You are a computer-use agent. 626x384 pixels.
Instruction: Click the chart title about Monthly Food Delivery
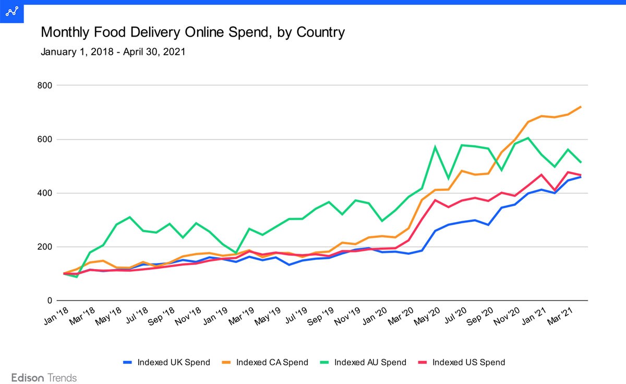(x=192, y=33)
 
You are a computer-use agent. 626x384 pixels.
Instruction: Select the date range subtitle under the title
(x=113, y=52)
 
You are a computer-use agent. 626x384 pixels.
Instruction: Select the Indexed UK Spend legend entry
(x=166, y=362)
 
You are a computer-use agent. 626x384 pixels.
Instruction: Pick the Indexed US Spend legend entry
(x=461, y=362)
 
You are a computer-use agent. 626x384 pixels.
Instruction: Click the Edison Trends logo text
(x=44, y=378)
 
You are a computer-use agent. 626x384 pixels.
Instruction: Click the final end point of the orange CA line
(x=581, y=106)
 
